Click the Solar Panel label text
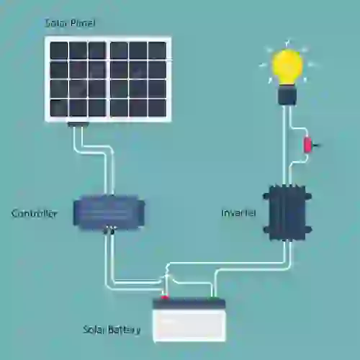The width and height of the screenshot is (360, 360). click(x=70, y=23)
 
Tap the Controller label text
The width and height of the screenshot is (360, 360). click(x=35, y=213)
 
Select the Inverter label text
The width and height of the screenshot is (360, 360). click(x=238, y=213)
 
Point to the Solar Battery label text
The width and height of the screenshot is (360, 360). click(x=112, y=330)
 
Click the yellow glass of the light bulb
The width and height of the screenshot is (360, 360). click(x=287, y=67)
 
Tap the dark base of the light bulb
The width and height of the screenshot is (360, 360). click(x=287, y=95)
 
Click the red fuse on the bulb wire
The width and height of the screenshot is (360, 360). click(x=307, y=144)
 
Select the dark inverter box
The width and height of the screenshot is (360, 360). click(x=287, y=212)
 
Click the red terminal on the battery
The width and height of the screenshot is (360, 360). click(x=165, y=297)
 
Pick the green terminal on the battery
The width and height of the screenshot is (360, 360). click(x=214, y=298)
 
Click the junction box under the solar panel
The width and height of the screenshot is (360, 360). click(x=78, y=125)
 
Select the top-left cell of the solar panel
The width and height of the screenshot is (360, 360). click(x=58, y=50)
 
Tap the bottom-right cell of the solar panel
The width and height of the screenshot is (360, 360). click(x=157, y=108)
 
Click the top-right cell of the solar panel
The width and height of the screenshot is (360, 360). click(x=157, y=50)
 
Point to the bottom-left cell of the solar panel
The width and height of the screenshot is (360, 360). click(x=58, y=108)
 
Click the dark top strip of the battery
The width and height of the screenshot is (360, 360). click(x=189, y=304)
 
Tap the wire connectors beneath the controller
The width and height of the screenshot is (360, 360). click(x=109, y=230)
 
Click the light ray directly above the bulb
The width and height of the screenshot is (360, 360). click(x=287, y=42)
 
